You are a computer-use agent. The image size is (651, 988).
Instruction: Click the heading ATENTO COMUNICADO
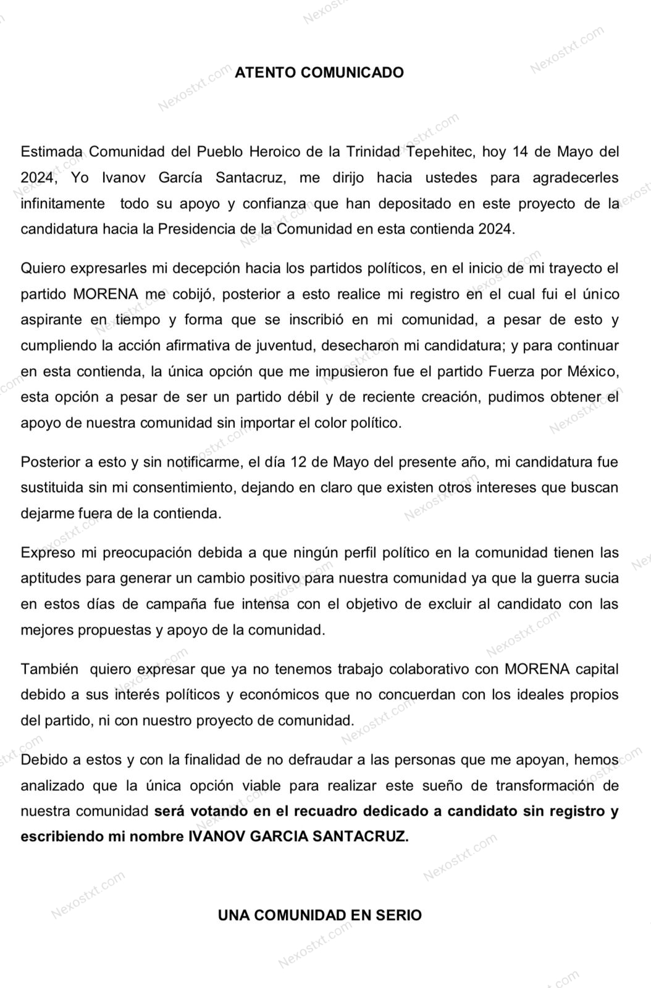pos(319,72)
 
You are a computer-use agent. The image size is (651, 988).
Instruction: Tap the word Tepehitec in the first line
pos(442,152)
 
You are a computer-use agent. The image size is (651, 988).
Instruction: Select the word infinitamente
pos(63,204)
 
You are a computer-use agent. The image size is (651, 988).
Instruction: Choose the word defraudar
pos(322,760)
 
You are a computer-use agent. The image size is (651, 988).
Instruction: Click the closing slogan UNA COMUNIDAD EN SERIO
pos(319,915)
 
